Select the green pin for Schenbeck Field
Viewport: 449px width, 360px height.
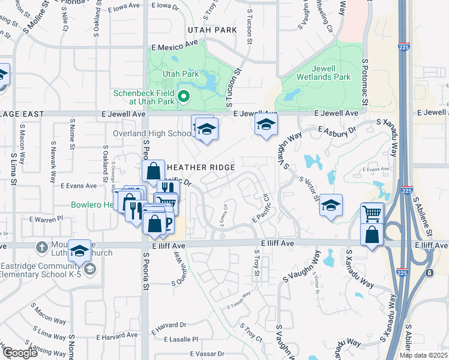[184, 95]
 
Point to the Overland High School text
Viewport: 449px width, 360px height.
[152, 133]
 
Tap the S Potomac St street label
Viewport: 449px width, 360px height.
[364, 84]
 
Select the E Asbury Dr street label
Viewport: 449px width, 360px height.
[337, 131]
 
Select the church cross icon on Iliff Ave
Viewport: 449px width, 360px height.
[41, 247]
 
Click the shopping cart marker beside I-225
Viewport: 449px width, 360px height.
[372, 212]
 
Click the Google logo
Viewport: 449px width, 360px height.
[19, 353]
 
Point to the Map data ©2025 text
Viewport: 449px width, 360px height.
[423, 355]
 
